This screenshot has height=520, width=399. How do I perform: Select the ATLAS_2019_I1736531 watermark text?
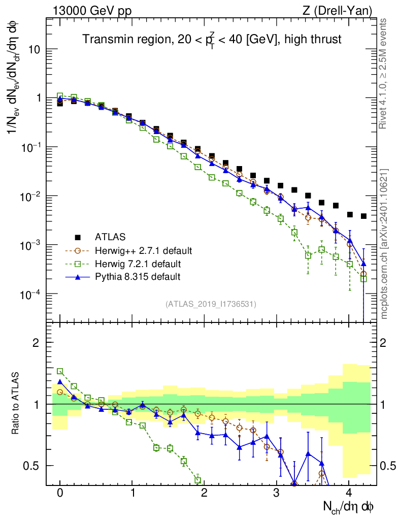(211, 304)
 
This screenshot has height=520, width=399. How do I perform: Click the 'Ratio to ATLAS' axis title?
(17, 404)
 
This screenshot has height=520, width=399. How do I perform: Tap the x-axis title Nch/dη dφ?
(349, 506)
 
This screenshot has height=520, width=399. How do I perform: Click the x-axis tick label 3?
(277, 493)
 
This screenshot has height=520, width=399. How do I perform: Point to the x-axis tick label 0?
(60, 493)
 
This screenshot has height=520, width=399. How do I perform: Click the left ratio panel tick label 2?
(37, 343)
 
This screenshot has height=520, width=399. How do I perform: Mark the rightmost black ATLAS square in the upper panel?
(363, 216)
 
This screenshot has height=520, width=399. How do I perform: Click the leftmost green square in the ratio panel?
(60, 371)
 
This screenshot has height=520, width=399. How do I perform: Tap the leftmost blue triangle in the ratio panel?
(60, 382)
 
